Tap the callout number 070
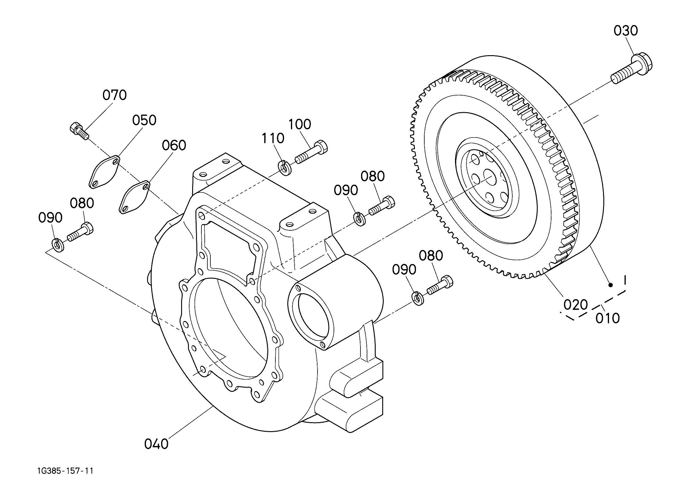114,95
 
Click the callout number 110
273,138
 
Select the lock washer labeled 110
284,167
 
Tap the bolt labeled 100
311,152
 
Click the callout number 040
156,444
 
